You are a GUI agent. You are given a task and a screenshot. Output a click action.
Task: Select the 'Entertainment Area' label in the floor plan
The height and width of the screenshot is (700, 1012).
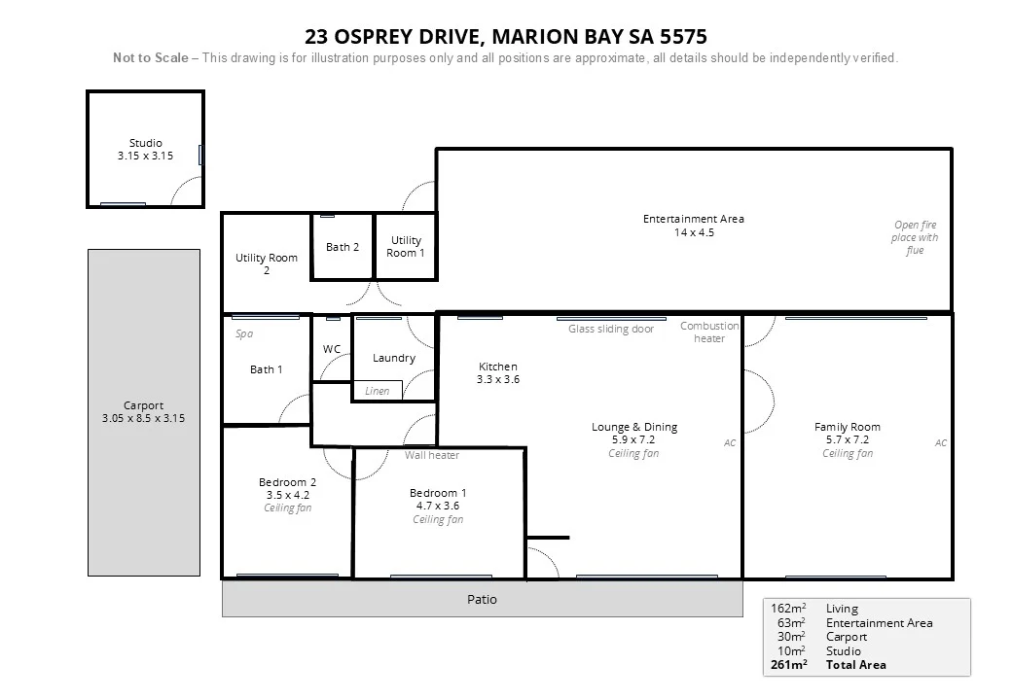pyautogui.click(x=693, y=219)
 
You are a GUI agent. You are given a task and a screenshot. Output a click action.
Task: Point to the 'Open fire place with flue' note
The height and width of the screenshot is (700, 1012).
pyautogui.click(x=915, y=238)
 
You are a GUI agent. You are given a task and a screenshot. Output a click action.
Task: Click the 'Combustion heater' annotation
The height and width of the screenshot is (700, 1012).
pyautogui.click(x=709, y=332)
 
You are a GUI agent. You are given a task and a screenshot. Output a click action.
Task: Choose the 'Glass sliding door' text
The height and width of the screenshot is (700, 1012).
pyautogui.click(x=611, y=329)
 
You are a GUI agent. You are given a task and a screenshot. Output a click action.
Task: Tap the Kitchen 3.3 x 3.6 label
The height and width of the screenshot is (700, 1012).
pyautogui.click(x=497, y=373)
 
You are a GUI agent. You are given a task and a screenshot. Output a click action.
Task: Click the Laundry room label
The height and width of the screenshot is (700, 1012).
pyautogui.click(x=393, y=358)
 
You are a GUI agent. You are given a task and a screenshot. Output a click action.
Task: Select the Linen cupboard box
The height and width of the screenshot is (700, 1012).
pyautogui.click(x=378, y=391)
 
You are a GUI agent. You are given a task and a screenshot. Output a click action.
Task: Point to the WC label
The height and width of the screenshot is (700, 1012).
pyautogui.click(x=331, y=349)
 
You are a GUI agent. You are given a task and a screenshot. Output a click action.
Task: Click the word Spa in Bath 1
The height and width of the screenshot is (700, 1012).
pyautogui.click(x=244, y=333)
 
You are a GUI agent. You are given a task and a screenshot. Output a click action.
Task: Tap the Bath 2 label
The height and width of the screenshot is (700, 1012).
pyautogui.click(x=342, y=247)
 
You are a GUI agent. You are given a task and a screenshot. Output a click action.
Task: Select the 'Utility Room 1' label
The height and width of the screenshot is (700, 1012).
pyautogui.click(x=406, y=246)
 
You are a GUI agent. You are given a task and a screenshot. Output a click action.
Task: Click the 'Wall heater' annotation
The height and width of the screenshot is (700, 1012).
pyautogui.click(x=432, y=455)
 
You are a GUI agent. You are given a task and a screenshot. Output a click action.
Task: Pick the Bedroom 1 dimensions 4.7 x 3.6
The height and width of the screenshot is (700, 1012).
pyautogui.click(x=437, y=506)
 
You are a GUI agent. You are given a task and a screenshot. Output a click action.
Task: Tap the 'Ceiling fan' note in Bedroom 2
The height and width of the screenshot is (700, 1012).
pyautogui.click(x=287, y=507)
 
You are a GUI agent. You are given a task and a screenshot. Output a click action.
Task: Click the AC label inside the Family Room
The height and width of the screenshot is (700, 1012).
pyautogui.click(x=940, y=442)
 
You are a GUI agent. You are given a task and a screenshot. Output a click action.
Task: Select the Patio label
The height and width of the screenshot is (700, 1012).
pyautogui.click(x=482, y=599)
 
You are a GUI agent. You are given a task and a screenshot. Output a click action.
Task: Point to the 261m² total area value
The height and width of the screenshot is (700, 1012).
pyautogui.click(x=789, y=665)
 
